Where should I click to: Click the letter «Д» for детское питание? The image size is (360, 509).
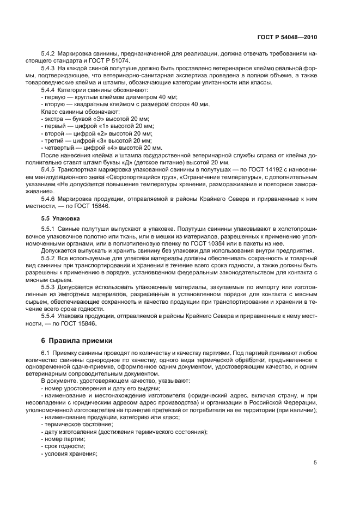[x=141, y=162]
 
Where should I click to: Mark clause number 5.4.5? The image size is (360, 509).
[x=50, y=169]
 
